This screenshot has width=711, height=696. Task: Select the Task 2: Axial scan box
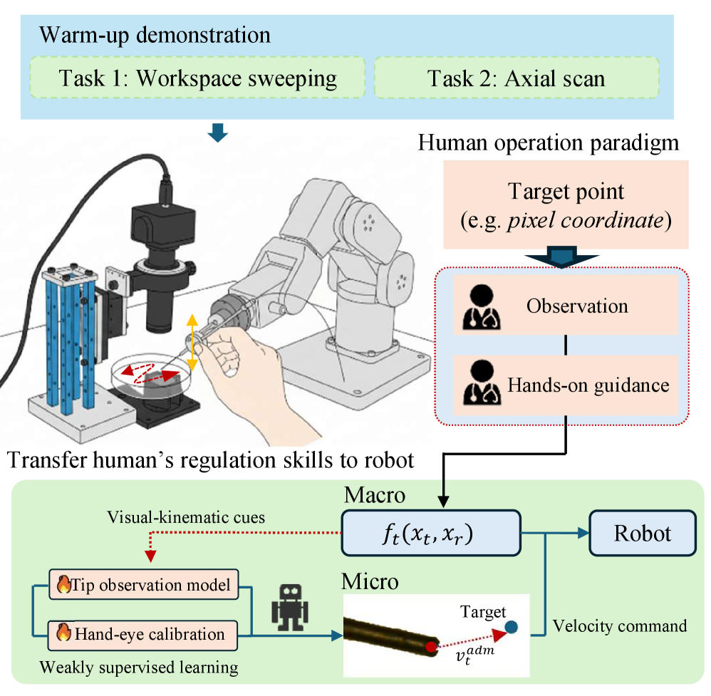click(516, 78)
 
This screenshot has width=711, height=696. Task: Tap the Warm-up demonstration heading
click(155, 35)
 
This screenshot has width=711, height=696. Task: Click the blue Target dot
click(511, 627)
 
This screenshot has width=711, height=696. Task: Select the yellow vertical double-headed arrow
click(191, 338)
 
